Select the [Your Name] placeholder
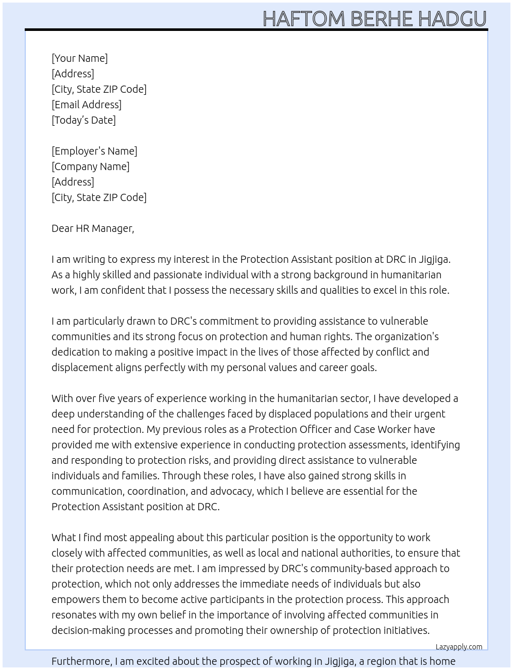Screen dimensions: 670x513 pos(79,58)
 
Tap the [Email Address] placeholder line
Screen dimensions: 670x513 pos(87,105)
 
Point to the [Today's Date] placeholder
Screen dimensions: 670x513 pos(83,120)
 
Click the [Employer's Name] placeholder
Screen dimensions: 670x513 pos(94,151)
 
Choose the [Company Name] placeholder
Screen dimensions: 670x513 pos(90,166)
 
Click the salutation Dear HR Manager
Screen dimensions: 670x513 pos(93,228)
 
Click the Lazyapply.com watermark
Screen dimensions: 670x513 pos(458,647)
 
